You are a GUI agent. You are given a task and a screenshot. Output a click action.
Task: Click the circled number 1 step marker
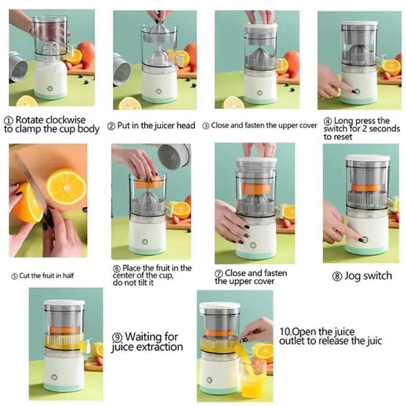(x=9, y=121)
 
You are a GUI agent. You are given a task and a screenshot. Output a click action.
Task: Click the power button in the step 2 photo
(x=159, y=91)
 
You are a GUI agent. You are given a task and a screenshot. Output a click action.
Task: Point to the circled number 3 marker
(x=206, y=126)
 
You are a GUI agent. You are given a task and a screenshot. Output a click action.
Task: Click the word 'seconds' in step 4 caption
(x=384, y=129)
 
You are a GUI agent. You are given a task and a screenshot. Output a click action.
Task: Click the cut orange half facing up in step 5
(x=66, y=186)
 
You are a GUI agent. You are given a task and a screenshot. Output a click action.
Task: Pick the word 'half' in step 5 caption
(x=68, y=276)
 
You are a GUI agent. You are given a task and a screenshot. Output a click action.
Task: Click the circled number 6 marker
(x=117, y=268)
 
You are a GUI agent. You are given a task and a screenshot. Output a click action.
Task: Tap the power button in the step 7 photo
(x=253, y=245)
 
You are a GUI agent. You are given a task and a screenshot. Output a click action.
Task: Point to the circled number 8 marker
(x=337, y=276)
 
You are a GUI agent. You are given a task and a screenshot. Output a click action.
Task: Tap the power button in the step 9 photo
(x=54, y=377)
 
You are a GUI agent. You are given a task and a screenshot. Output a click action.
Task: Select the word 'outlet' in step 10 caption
(x=292, y=341)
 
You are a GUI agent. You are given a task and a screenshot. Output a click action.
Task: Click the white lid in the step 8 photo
(x=367, y=158)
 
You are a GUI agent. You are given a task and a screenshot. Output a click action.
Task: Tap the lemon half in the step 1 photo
(x=27, y=101)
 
